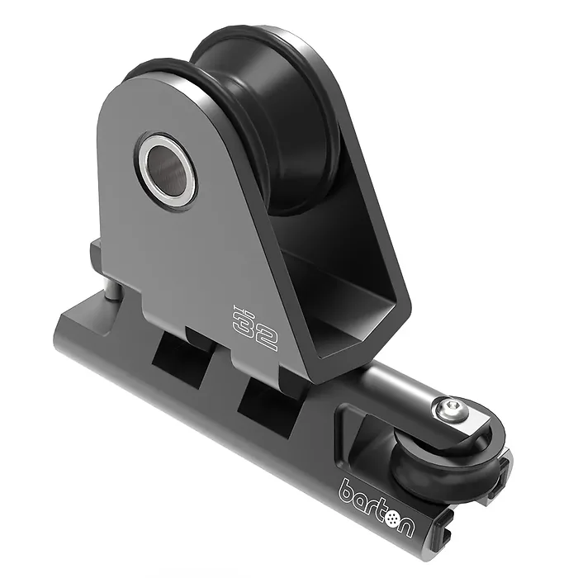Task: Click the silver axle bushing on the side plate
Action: tap(165, 168)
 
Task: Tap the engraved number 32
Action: tap(254, 327)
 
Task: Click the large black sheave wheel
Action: tap(269, 121)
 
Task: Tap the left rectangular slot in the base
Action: tap(182, 353)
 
